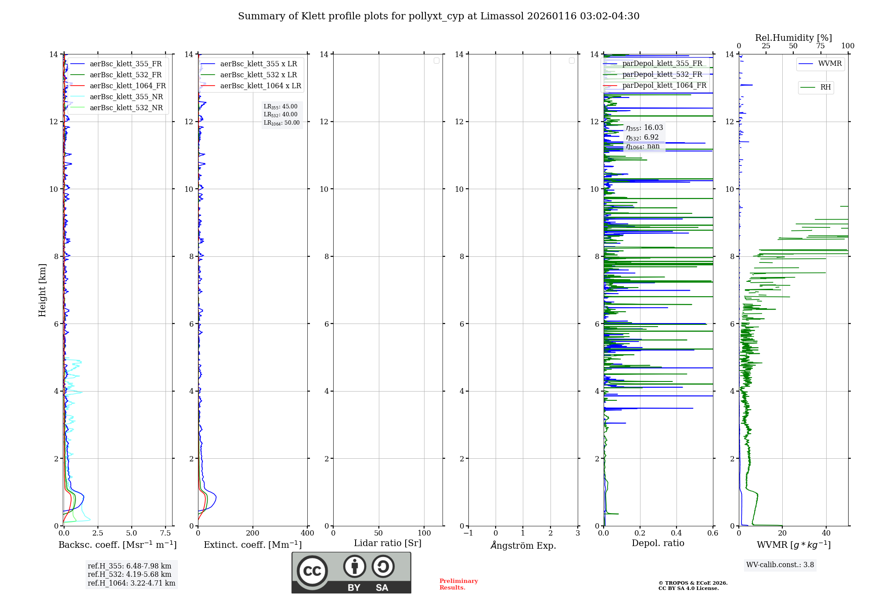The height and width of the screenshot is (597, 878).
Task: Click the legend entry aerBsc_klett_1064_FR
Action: (x=127, y=86)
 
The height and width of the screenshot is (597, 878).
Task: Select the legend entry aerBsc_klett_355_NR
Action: (x=126, y=97)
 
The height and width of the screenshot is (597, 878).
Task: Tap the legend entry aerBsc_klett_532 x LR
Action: (x=258, y=75)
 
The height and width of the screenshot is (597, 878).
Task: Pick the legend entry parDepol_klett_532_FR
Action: (x=662, y=75)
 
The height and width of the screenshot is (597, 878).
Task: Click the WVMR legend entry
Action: (x=830, y=64)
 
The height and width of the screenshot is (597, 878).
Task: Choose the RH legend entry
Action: (x=825, y=87)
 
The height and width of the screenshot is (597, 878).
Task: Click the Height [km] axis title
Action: (x=42, y=290)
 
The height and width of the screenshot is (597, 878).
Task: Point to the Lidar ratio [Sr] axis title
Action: (x=388, y=543)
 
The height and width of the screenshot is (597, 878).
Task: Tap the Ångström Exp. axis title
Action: (x=523, y=546)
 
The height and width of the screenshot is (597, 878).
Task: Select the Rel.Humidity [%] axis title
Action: (x=793, y=38)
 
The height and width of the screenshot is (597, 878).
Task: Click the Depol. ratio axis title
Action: (x=658, y=543)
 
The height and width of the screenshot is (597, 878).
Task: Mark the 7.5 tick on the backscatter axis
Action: (x=166, y=533)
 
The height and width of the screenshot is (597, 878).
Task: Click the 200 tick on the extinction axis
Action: (x=253, y=533)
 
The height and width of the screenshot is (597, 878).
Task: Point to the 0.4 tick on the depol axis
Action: (x=676, y=533)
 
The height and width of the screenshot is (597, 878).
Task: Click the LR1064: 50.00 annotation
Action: (x=281, y=123)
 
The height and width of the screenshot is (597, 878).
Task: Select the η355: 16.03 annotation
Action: (x=644, y=128)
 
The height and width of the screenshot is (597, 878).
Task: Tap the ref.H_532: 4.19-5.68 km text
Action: (x=130, y=575)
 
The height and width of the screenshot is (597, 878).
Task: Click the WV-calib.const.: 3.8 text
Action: (x=780, y=565)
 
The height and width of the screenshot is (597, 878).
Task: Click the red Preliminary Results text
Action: (x=458, y=584)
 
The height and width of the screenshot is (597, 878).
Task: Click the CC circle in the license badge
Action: (x=312, y=571)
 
